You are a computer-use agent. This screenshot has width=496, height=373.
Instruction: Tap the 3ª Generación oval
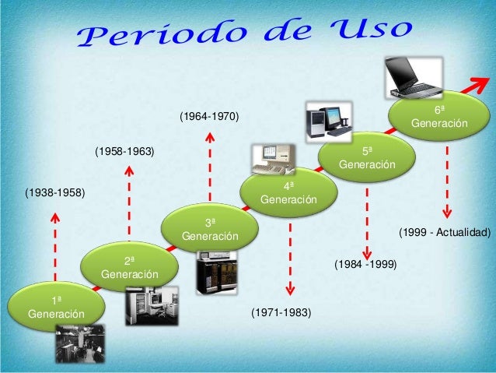210,227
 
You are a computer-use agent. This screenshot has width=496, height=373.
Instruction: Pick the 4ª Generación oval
289,192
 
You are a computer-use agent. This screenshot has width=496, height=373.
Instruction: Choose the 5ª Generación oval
368,157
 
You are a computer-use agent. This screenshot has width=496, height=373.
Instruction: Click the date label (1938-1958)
54,191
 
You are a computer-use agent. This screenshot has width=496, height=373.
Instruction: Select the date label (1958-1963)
124,152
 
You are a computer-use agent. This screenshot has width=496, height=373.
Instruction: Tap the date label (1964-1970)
209,117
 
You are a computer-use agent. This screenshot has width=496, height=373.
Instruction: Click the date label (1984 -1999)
365,265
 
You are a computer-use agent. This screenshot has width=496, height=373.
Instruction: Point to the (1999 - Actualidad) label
445,232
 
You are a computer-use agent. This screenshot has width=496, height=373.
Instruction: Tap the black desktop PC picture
327,121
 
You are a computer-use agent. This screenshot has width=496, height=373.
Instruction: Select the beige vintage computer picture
273,159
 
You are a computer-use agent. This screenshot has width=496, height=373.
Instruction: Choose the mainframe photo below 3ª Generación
215,273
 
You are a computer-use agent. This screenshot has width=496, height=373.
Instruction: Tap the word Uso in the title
369,29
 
